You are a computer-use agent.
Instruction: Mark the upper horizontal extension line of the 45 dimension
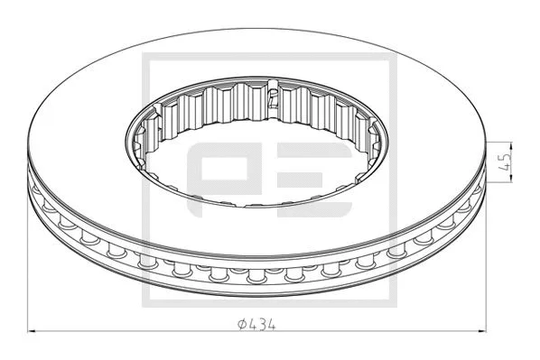click(501, 142)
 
